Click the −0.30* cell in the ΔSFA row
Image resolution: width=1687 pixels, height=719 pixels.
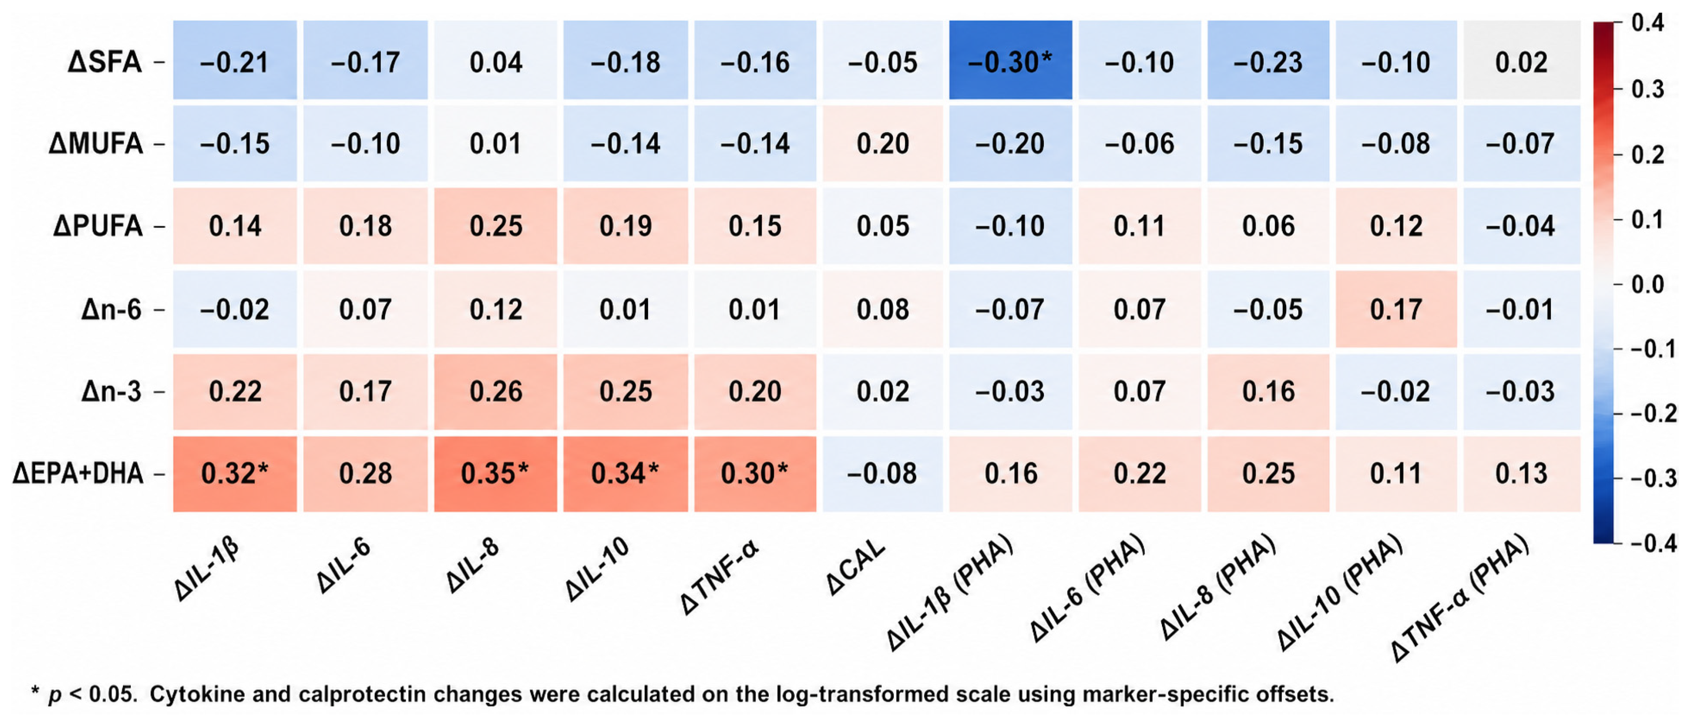[1011, 60]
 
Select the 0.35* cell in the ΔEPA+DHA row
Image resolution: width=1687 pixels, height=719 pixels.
[496, 473]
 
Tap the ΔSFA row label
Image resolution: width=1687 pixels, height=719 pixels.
[105, 62]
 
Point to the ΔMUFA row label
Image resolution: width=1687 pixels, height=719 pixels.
[96, 143]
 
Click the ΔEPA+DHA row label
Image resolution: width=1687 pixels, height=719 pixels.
[78, 473]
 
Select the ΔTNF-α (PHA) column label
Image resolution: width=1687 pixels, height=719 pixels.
[1460, 598]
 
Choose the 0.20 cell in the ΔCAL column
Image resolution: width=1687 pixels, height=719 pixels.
[883, 143]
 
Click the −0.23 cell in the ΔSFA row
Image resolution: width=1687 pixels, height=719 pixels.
[1269, 60]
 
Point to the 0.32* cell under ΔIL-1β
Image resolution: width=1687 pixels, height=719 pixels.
[235, 473]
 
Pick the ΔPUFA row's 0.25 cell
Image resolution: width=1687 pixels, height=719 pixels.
[496, 226]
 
